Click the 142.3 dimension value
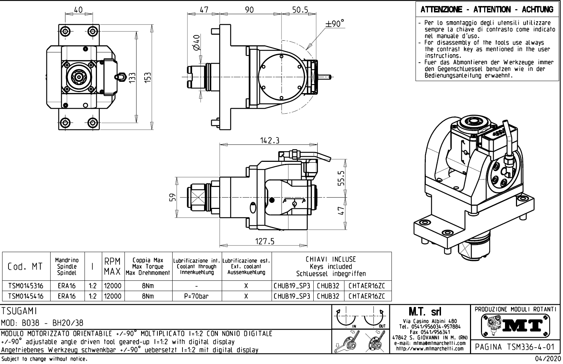point(270,141)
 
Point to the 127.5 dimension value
point(265,241)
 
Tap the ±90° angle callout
point(335,24)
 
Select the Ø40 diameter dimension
point(197,42)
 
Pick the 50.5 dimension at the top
point(301,10)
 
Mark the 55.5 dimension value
point(341,178)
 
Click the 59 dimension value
point(173,197)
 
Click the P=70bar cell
point(197,296)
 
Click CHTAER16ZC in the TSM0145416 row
point(366,296)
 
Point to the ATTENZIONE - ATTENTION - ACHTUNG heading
point(487,10)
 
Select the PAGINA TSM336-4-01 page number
point(516,347)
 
